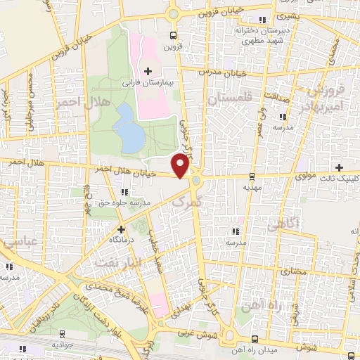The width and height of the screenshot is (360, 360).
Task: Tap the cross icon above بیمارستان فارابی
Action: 148,71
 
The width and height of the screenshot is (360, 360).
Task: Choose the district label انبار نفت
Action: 111,263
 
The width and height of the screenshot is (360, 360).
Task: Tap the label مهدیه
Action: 252,188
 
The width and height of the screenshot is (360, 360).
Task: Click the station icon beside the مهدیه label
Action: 252,176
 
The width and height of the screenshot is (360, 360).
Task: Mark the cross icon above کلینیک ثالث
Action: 340,167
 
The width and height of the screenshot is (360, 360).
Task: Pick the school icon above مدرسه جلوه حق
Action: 124,192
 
